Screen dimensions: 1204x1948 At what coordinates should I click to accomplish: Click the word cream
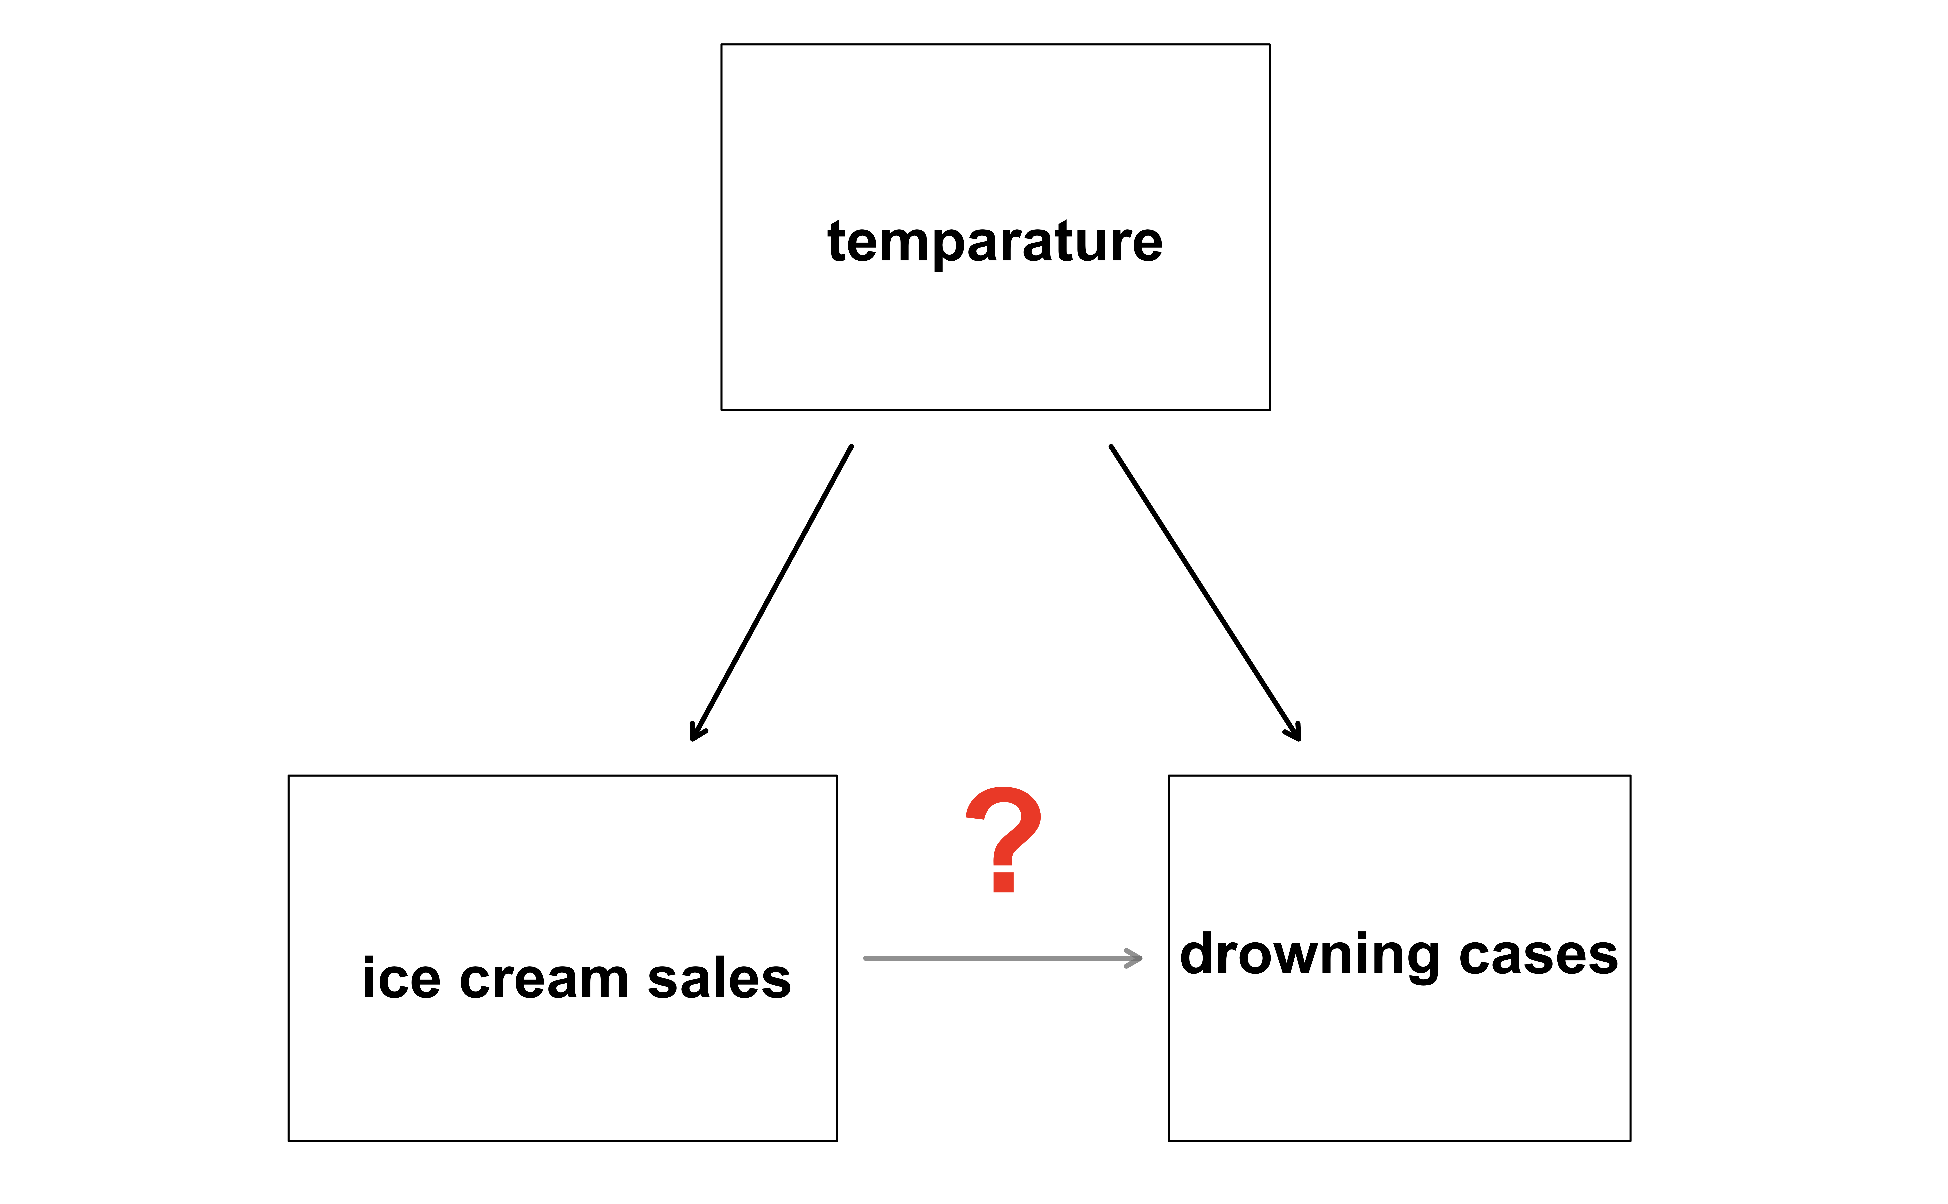point(544,980)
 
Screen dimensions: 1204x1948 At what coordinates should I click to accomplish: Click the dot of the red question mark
point(1003,882)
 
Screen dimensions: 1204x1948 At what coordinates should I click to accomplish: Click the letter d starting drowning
point(1198,954)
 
